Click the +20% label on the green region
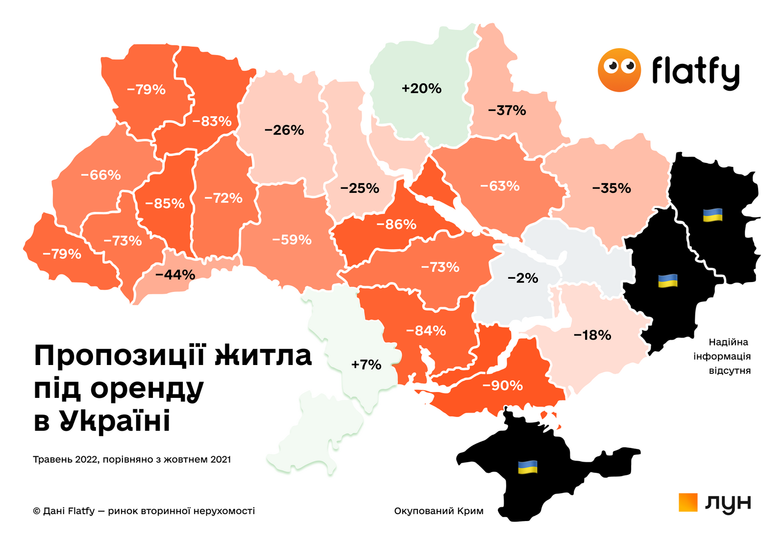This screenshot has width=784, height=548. (421, 89)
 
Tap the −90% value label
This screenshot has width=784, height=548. (502, 386)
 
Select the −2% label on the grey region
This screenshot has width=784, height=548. (523, 279)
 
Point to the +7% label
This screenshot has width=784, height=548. (366, 365)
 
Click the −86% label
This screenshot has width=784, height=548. (396, 225)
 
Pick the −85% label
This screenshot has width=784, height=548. (165, 204)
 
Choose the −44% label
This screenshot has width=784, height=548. (175, 275)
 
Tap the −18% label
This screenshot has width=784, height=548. (592, 336)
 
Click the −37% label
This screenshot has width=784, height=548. (507, 111)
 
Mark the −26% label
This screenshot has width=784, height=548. (284, 130)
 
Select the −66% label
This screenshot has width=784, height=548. (101, 175)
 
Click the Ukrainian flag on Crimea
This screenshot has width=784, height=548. (528, 467)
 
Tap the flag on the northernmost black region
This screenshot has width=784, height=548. (712, 215)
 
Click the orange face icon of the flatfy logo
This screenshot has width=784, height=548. (619, 70)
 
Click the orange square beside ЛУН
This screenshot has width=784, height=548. (688, 502)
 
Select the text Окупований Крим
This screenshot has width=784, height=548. (439, 511)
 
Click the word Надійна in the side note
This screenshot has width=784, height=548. (728, 342)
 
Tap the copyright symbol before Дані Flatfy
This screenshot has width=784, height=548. (37, 511)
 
